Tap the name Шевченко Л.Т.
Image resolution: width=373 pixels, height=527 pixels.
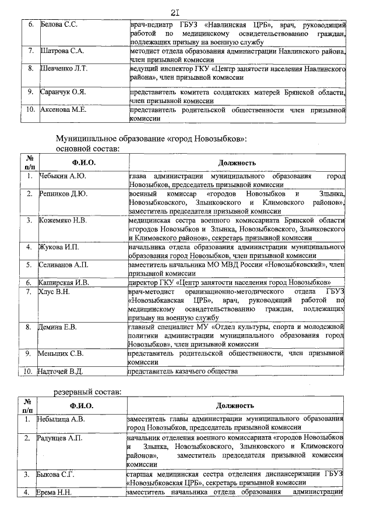coord(65,69)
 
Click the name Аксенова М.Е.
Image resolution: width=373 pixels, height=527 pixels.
coord(63,109)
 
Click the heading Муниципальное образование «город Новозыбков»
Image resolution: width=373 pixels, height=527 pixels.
coord(152,140)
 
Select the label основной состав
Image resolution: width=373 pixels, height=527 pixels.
coord(87,149)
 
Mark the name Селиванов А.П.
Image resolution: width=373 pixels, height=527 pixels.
coord(64,265)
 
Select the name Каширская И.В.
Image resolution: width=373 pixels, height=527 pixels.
coord(64,283)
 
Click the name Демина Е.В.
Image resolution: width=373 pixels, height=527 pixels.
coord(58,327)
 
